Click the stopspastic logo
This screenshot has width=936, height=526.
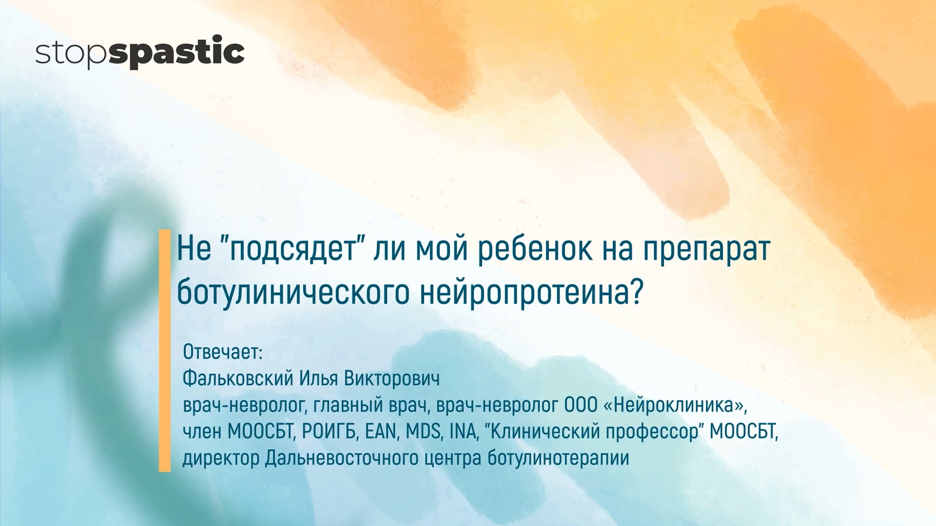[139, 52]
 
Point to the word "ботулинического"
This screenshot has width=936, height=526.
[293, 292]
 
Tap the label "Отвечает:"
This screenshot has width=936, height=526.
[223, 352]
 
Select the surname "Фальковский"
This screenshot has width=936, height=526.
[238, 378]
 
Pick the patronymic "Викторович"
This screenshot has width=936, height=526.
[392, 378]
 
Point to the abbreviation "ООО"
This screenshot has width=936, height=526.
[581, 405]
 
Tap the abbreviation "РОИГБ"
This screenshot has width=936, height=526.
[329, 432]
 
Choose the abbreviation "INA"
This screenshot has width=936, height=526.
[463, 432]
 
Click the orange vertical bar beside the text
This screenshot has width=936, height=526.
[165, 351]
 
